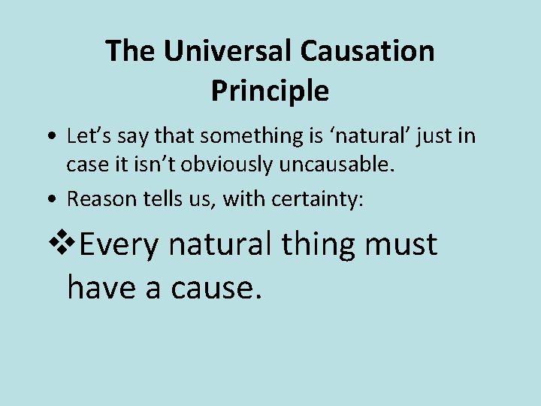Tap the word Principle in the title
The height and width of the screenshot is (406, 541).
point(270,90)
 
